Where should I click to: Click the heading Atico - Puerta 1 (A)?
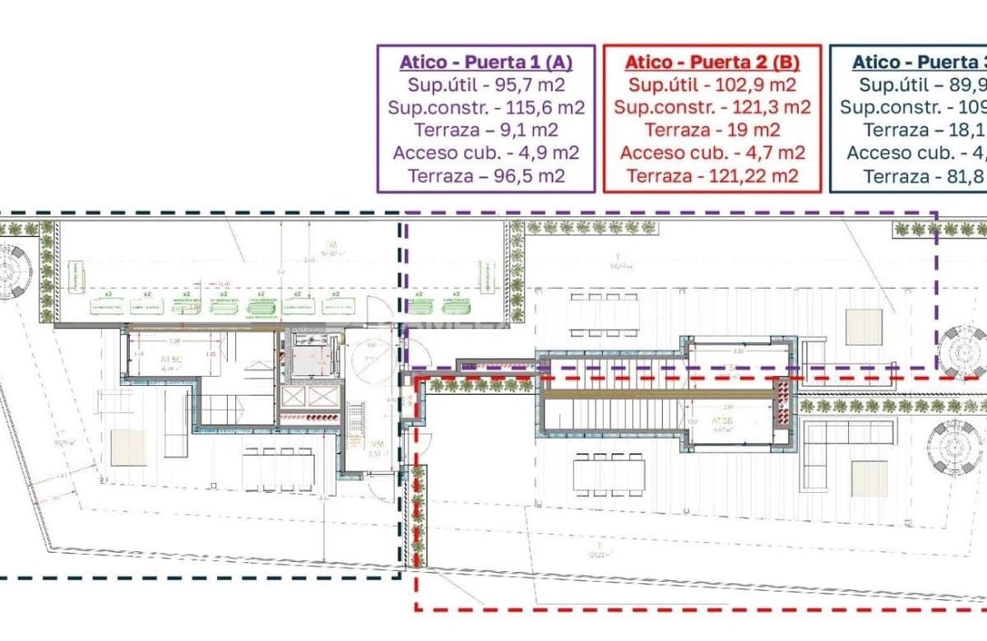[x=485, y=62]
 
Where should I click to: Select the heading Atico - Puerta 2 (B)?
[x=711, y=62]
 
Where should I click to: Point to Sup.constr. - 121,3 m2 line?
[x=711, y=107]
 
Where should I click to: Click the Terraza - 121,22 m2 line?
[x=711, y=175]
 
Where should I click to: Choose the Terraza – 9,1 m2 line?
[x=485, y=130]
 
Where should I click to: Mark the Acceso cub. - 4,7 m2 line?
[x=711, y=152]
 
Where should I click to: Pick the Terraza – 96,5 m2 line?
[x=485, y=175]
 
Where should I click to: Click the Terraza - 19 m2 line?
[x=711, y=130]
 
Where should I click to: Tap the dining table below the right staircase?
[x=609, y=476]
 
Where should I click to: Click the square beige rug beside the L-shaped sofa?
[x=870, y=477]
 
